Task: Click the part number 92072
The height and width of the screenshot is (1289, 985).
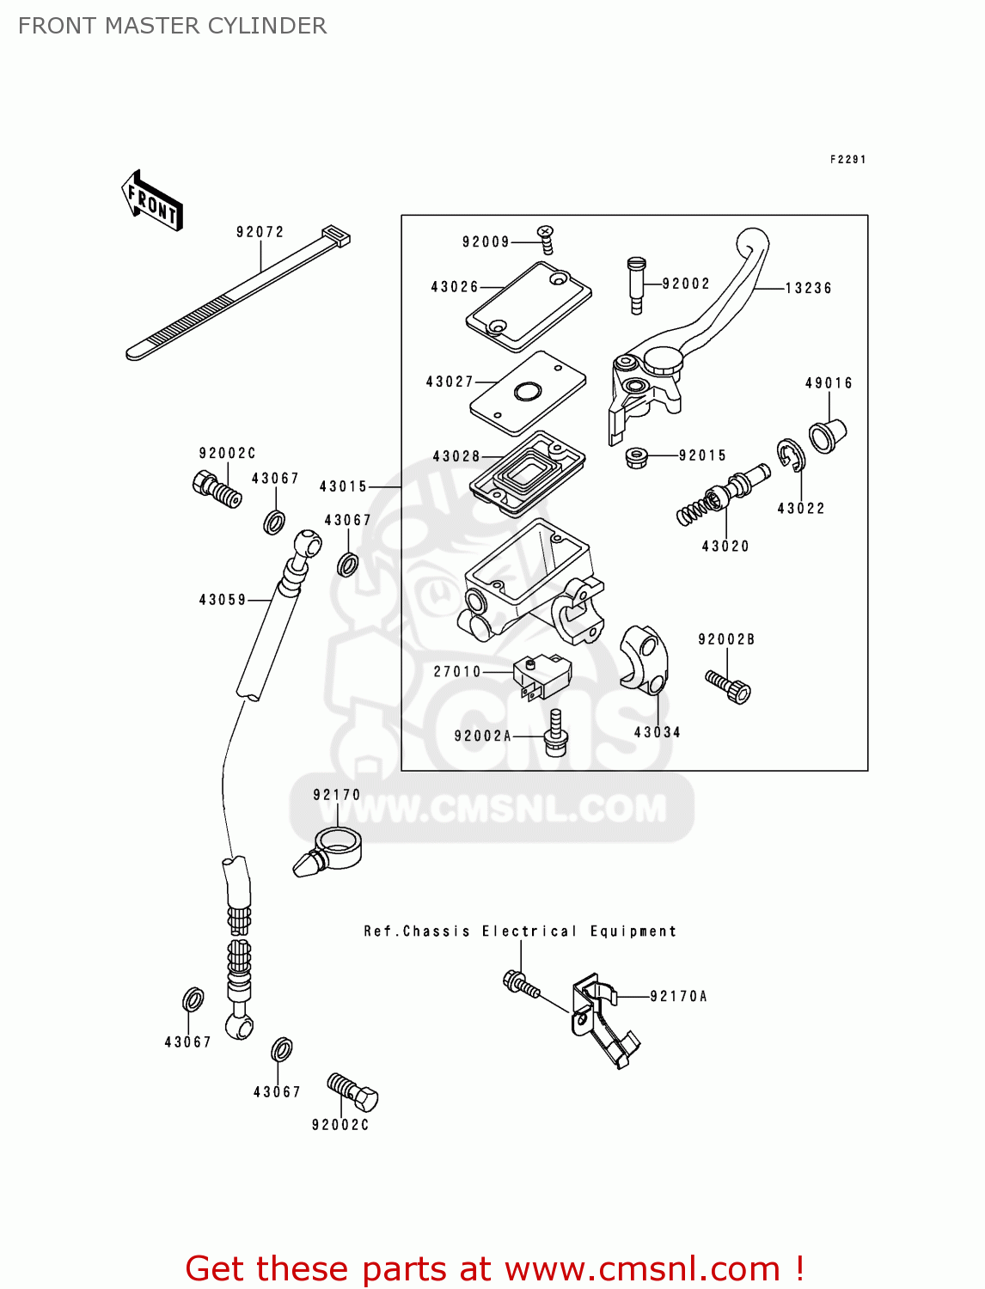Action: [260, 232]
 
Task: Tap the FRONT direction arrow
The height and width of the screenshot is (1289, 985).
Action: [152, 201]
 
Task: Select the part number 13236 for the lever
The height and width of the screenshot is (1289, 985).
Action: [808, 288]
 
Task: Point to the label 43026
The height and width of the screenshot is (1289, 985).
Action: [455, 287]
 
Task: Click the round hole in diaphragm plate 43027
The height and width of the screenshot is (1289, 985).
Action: [526, 393]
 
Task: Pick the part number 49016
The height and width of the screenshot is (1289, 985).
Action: [829, 383]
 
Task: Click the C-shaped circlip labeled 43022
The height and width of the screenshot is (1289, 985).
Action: [791, 455]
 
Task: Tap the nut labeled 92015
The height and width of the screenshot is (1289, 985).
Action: [637, 456]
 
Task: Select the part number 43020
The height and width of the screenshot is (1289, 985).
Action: [725, 547]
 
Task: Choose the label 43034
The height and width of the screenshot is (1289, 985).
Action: [657, 732]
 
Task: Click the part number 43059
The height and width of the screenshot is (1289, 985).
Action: [223, 600]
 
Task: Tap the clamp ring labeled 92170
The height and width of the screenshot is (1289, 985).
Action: [337, 846]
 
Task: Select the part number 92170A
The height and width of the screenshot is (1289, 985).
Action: [678, 997]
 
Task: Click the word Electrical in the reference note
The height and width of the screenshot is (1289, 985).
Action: [529, 932]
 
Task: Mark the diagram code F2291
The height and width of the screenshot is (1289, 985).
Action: [847, 160]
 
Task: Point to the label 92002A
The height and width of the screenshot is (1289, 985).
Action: [482, 736]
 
